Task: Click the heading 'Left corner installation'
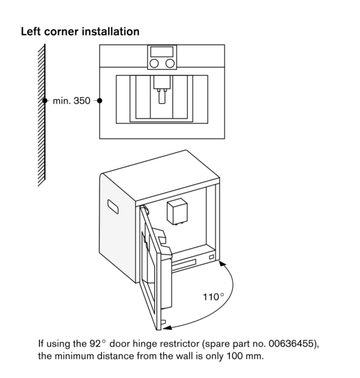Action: coord(80,32)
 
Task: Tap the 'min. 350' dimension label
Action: coord(72,101)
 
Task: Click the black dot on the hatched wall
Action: coord(45,100)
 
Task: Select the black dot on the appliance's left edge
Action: coord(100,100)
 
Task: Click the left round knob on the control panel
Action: coord(154,64)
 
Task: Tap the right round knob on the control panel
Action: coord(170,64)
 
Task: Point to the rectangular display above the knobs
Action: coord(162,52)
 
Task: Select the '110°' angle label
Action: coord(213,297)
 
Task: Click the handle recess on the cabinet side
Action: coord(113,207)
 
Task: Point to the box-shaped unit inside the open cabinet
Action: coord(177,211)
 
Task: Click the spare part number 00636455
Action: coord(292,343)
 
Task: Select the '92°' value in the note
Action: coord(98,343)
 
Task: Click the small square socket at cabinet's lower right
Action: coord(211,257)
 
